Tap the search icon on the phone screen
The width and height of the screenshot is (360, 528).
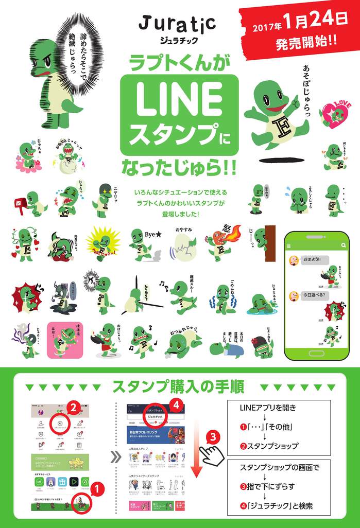pyautogui.click(x=342, y=246)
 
